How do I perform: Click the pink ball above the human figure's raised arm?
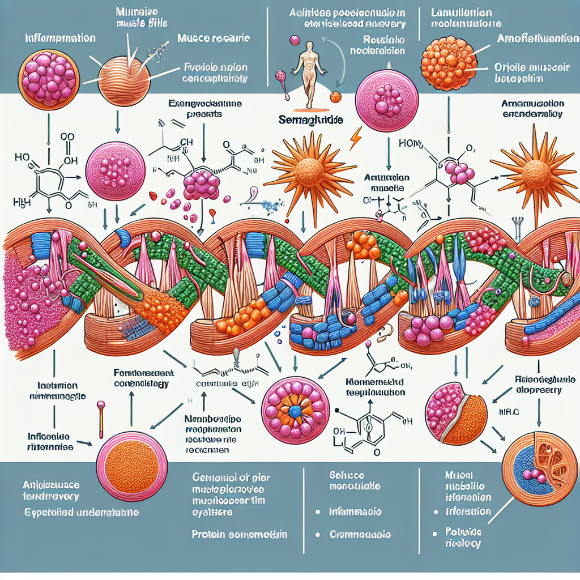point(293,41)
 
